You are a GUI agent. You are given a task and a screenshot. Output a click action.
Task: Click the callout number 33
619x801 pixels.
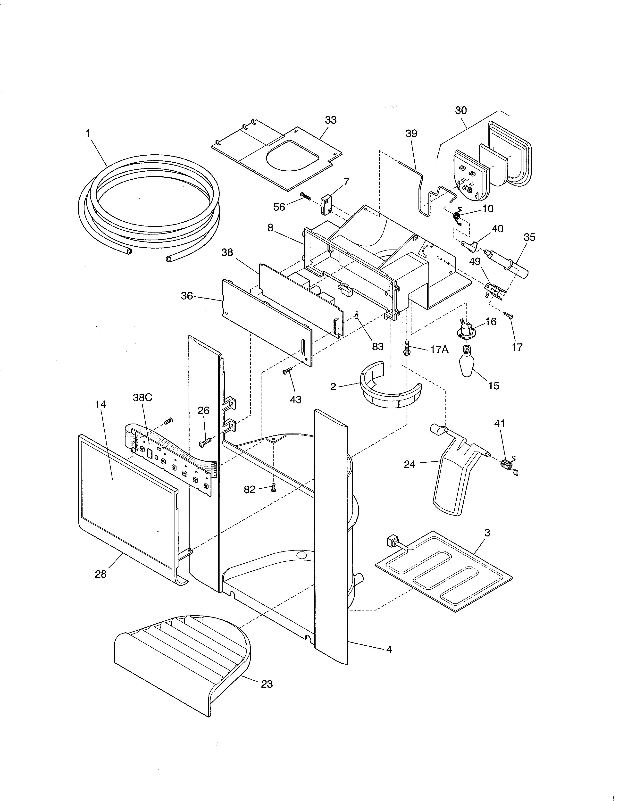click(330, 120)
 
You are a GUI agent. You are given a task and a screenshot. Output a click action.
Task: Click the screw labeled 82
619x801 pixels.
click(273, 488)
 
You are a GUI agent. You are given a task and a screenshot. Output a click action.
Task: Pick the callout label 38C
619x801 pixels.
click(142, 398)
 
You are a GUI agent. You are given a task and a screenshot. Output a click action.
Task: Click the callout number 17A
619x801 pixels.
click(439, 350)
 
